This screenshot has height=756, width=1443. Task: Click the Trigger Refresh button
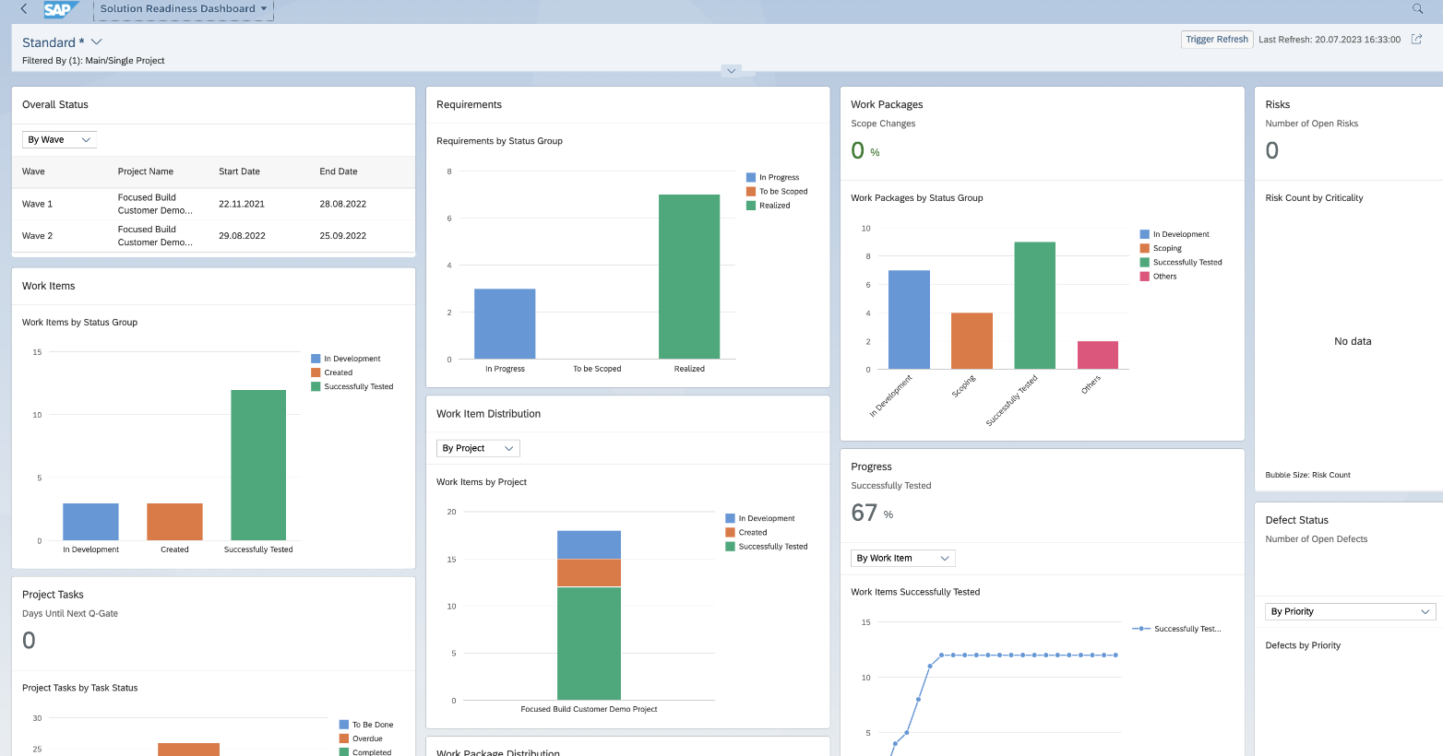pyautogui.click(x=1216, y=40)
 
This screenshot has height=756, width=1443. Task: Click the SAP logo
pyautogui.click(x=58, y=9)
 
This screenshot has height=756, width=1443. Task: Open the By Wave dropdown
pyautogui.click(x=59, y=140)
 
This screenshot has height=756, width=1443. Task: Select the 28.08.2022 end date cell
pyautogui.click(x=342, y=204)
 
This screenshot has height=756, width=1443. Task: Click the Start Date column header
pyautogui.click(x=239, y=171)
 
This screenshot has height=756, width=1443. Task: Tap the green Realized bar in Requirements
pyautogui.click(x=688, y=277)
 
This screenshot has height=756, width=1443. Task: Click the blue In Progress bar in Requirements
pyautogui.click(x=505, y=324)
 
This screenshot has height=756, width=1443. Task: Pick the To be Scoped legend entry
pyautogui.click(x=782, y=192)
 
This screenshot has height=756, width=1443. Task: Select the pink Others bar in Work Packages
pyautogui.click(x=1097, y=355)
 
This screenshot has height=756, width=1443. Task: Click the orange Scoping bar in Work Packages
pyautogui.click(x=972, y=341)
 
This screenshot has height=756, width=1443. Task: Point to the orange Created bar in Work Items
pyautogui.click(x=174, y=522)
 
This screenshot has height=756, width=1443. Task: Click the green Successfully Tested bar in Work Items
pyautogui.click(x=258, y=466)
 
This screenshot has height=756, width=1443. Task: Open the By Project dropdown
pyautogui.click(x=478, y=449)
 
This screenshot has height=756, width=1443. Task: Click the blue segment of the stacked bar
pyautogui.click(x=589, y=544)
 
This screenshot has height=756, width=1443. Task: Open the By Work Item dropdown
pyautogui.click(x=902, y=559)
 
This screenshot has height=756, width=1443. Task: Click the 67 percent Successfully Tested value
pyautogui.click(x=865, y=513)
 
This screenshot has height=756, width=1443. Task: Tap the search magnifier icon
pyautogui.click(x=1417, y=9)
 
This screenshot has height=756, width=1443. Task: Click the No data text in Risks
pyautogui.click(x=1353, y=342)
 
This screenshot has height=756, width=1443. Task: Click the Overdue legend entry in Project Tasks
pyautogui.click(x=366, y=738)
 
